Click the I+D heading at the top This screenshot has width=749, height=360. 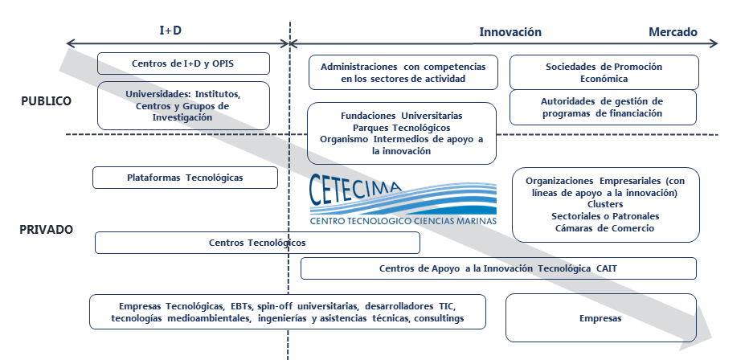click(170, 31)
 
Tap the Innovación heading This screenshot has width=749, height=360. click(510, 32)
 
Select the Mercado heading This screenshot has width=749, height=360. click(673, 32)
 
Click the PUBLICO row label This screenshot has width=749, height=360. click(46, 101)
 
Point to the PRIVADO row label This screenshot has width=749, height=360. click(47, 230)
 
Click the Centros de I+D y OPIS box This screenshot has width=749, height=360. click(183, 63)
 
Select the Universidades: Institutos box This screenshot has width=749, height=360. click(183, 105)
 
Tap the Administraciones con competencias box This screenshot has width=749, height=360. click(403, 72)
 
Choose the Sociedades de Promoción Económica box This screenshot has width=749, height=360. click(604, 72)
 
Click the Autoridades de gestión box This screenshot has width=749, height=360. click(603, 108)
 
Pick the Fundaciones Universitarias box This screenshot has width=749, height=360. click(402, 133)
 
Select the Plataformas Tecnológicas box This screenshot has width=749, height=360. click(185, 178)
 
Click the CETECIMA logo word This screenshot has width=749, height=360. click(355, 188)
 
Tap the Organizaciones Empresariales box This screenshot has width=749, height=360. click(606, 205)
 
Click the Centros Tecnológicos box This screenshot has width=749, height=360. click(257, 243)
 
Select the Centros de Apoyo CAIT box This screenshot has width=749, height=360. click(498, 268)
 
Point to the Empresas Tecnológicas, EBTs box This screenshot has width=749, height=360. click(288, 312)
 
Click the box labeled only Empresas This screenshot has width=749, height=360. click(601, 318)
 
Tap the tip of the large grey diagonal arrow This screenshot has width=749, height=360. click(712, 337)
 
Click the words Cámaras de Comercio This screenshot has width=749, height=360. click(604, 228)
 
